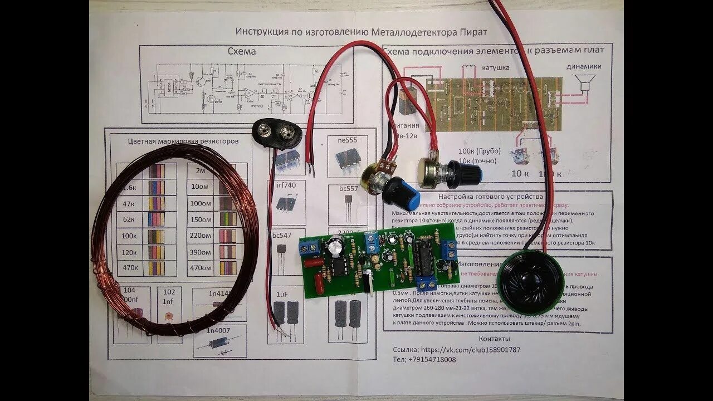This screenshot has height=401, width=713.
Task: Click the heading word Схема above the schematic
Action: [242, 51]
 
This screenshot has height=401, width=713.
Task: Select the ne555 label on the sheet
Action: [348, 140]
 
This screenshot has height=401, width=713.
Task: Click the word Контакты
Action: [494, 339]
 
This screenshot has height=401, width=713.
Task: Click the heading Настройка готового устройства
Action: [490, 197]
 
